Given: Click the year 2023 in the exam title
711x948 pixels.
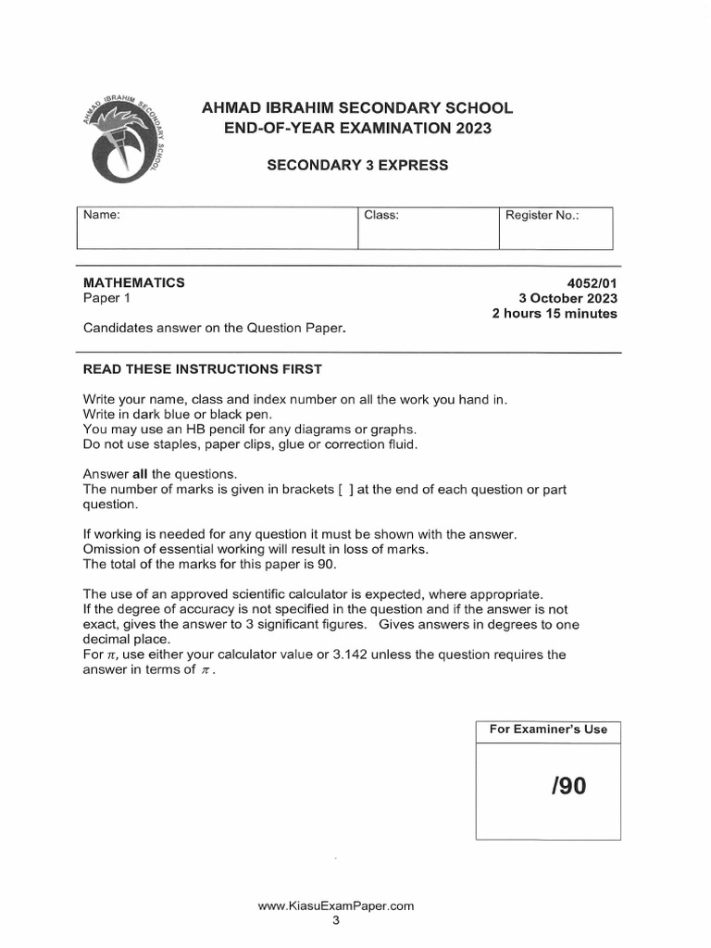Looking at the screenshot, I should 467,128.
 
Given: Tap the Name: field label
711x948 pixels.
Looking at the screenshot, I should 103,215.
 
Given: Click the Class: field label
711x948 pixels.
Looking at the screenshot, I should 381,215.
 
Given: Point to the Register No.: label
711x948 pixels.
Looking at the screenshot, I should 542,215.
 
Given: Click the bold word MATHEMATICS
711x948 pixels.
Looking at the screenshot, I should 134,282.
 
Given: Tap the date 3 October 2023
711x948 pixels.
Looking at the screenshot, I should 568,298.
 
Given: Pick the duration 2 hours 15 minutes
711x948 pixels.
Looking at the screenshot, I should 555,314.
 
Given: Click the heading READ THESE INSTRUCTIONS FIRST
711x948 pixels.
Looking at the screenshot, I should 203,369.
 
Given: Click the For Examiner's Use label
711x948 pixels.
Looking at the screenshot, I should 548,730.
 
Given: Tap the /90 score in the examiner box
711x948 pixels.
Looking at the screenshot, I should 568,787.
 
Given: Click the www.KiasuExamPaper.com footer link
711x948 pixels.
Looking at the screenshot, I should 336,906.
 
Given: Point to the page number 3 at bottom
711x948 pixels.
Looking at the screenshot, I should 336,921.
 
